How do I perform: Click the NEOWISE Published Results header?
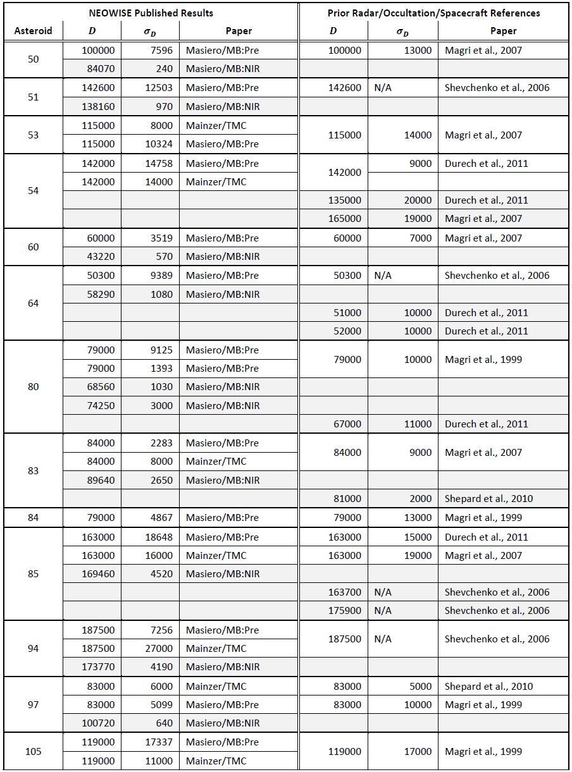(x=151, y=13)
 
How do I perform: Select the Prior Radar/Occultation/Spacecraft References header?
(x=433, y=13)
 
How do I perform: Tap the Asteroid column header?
(x=33, y=30)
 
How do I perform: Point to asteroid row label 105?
(x=33, y=751)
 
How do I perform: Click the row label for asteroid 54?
(x=33, y=190)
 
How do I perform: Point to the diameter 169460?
(x=99, y=573)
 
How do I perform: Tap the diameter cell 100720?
(x=99, y=723)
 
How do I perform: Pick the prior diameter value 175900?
(x=345, y=610)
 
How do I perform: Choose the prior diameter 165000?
(x=345, y=218)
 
